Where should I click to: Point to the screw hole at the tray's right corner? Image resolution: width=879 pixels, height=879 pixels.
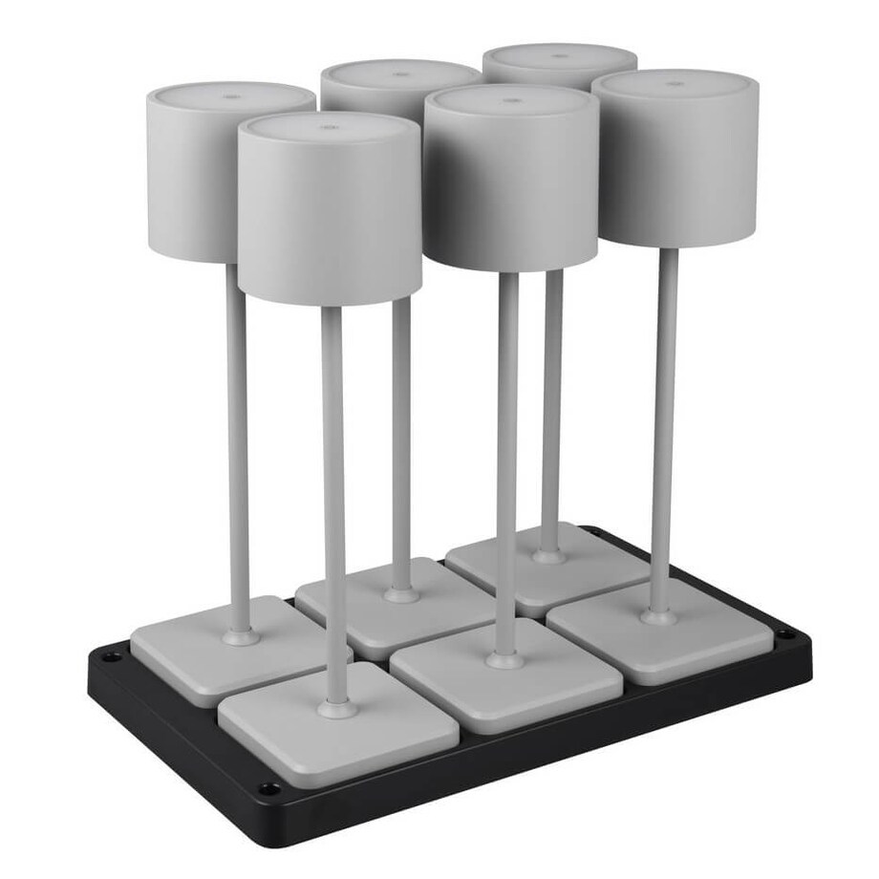tap(785, 633)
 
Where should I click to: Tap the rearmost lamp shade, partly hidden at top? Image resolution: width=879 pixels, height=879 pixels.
tap(559, 63)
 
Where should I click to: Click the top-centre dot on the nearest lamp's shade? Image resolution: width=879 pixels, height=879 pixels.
tap(325, 125)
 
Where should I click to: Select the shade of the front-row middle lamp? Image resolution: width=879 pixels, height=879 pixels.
tap(511, 182)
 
